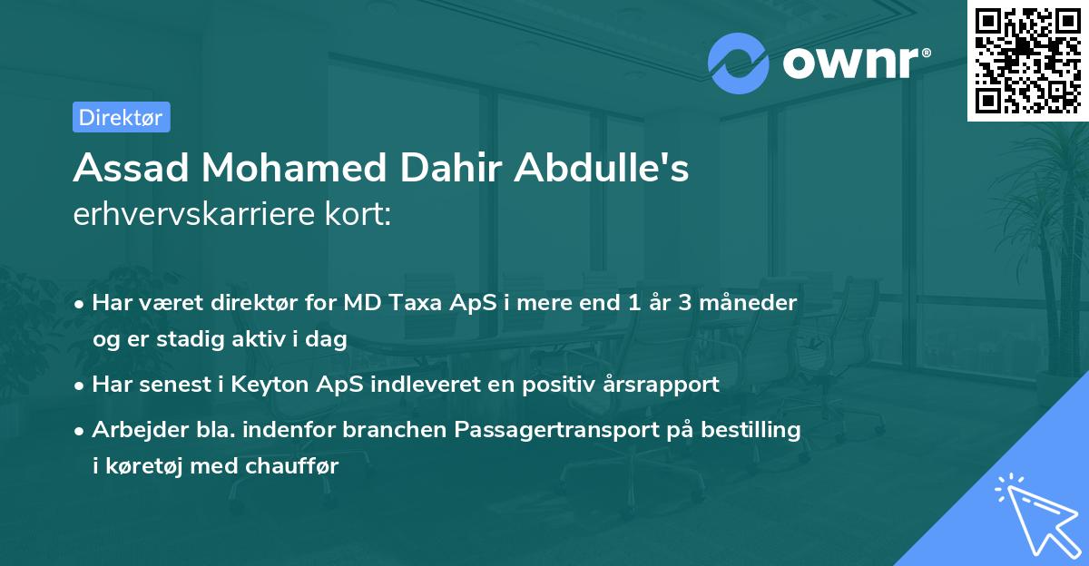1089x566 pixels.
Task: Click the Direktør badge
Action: pyautogui.click(x=121, y=117)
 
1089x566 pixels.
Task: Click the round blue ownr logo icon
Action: pyautogui.click(x=738, y=63)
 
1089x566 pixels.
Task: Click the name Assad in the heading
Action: pyautogui.click(x=124, y=170)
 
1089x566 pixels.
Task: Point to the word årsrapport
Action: pyautogui.click(x=664, y=384)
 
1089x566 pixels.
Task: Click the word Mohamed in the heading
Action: pyautogui.click(x=272, y=170)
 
